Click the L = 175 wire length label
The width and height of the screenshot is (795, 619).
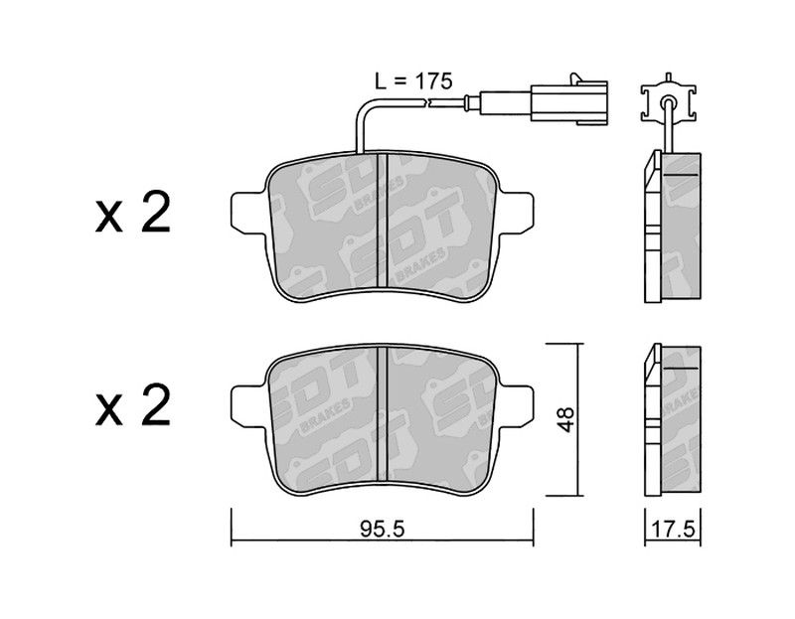[x=413, y=80]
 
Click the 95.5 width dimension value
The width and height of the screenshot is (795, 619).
[x=383, y=530]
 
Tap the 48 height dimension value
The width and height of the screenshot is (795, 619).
[x=565, y=418]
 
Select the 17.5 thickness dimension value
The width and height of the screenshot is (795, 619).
[x=673, y=530]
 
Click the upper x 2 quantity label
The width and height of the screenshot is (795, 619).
[x=133, y=213]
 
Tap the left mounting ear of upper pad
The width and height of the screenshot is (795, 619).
[x=248, y=214]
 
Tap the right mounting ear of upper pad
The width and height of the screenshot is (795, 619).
[x=517, y=214]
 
